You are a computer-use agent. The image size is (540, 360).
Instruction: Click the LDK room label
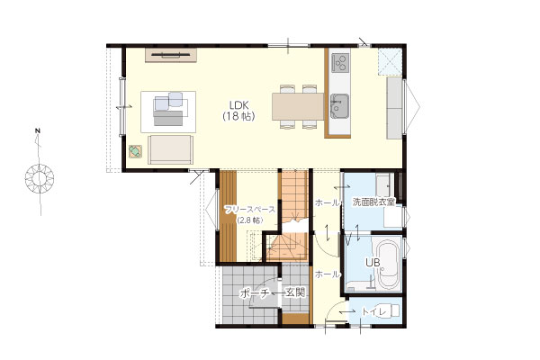(239, 104)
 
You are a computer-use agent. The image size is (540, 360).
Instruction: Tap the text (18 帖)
(239, 116)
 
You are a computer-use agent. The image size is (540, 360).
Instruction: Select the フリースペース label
(249, 210)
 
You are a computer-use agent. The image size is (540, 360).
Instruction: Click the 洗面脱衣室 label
(373, 202)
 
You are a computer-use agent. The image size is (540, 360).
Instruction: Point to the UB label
(373, 263)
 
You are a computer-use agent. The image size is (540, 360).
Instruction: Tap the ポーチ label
(254, 293)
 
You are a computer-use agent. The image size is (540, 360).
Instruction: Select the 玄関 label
(296, 293)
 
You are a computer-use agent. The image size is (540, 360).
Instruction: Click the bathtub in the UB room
(387, 265)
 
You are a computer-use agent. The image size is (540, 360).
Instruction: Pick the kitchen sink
(339, 105)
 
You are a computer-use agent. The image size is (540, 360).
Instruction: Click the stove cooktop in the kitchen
(340, 62)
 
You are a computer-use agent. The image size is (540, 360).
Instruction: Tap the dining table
(298, 106)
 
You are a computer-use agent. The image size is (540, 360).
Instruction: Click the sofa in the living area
(170, 150)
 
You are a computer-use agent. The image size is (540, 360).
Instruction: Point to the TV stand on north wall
(171, 56)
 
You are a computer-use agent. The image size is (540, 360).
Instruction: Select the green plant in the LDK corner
(135, 151)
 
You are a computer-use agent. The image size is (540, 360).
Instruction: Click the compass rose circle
(40, 178)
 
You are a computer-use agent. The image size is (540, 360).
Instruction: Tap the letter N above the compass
(37, 130)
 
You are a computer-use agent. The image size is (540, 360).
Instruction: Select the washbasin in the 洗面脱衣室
(383, 184)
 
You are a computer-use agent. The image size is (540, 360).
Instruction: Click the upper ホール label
(328, 203)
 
